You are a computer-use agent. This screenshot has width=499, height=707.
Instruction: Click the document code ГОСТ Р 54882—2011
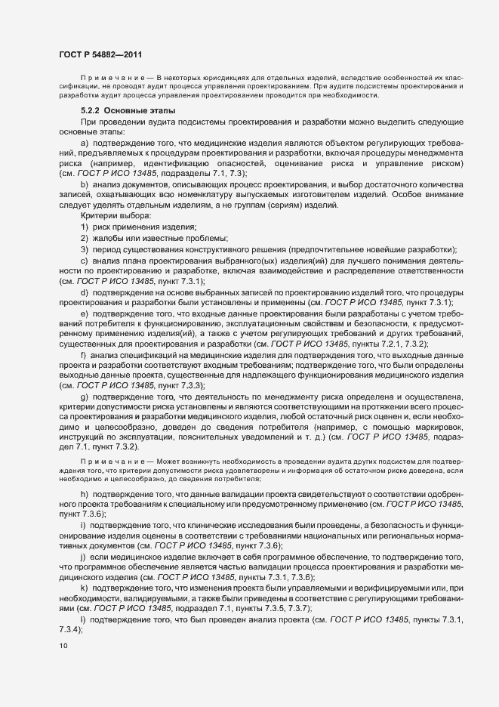click(100, 54)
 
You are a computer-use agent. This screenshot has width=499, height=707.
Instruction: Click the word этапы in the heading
click(159, 111)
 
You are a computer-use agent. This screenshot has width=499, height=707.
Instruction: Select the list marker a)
click(84, 144)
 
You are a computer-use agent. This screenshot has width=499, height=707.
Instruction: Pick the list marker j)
click(83, 556)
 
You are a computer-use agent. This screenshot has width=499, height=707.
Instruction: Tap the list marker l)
click(82, 598)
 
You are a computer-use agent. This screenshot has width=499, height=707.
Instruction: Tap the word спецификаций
click(146, 355)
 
